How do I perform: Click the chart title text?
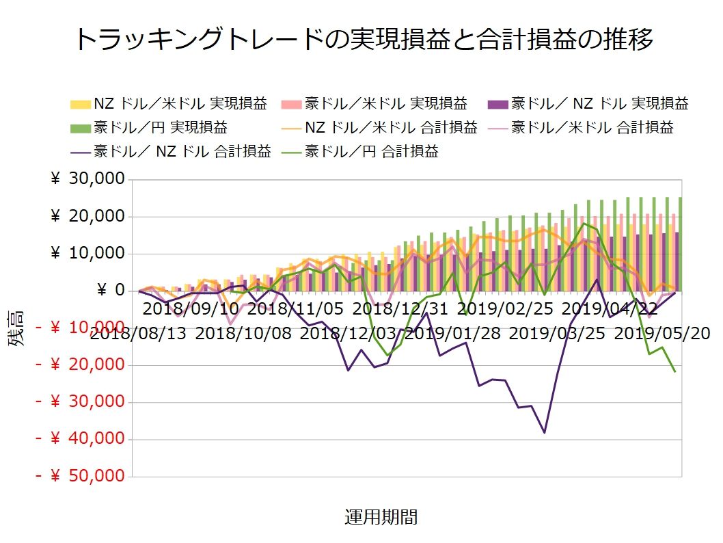point(363,39)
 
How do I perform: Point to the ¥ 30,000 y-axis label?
point(88,179)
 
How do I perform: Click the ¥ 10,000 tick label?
point(88,254)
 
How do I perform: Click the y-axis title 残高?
point(18,328)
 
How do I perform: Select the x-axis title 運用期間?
point(381,517)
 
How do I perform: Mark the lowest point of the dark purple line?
point(545,432)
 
